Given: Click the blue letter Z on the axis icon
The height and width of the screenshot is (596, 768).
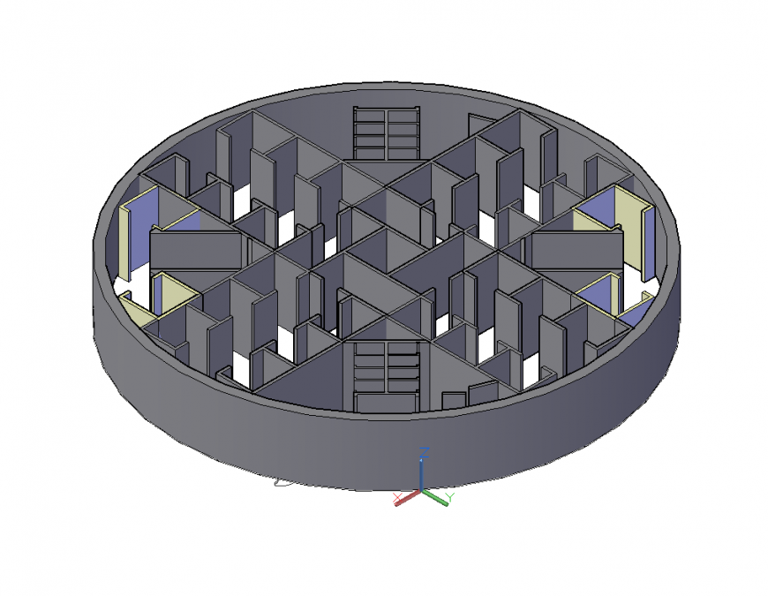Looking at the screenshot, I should [x=424, y=452].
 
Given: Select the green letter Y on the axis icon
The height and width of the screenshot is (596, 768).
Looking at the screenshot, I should [x=449, y=498].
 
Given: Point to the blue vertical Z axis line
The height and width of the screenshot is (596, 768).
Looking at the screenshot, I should [x=423, y=473].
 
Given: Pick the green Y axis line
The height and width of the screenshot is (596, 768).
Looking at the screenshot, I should [x=434, y=494].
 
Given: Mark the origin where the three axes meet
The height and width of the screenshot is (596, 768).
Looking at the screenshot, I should [x=423, y=490].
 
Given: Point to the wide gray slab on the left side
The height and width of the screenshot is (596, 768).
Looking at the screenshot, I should [x=195, y=248].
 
